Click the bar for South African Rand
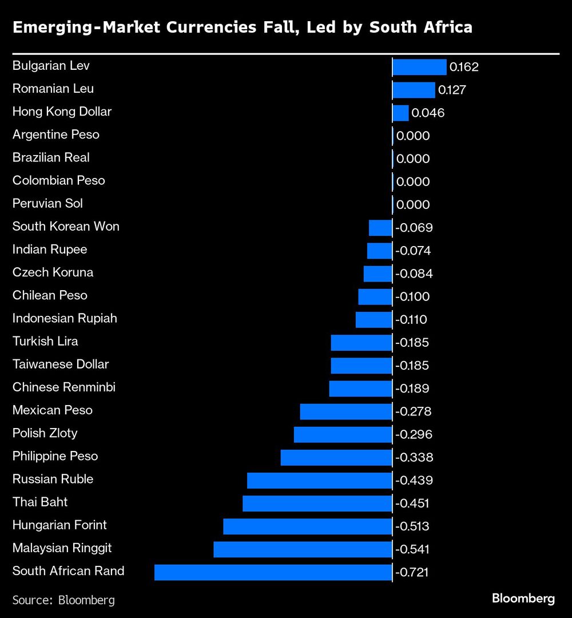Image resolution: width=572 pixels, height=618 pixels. [x=273, y=572]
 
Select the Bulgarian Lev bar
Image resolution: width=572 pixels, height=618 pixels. [x=419, y=67]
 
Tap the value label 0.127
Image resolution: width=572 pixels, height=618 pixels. [x=452, y=90]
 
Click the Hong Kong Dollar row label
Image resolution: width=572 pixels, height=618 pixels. [x=62, y=112]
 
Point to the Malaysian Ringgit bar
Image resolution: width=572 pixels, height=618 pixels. [x=303, y=549]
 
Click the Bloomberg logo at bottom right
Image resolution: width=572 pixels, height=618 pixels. [x=523, y=599]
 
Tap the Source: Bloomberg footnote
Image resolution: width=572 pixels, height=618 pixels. [x=63, y=600]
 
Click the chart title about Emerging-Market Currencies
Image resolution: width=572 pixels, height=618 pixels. [x=243, y=27]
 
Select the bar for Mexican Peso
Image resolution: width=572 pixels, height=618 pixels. [x=345, y=411]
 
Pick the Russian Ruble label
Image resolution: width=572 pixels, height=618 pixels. [x=53, y=479]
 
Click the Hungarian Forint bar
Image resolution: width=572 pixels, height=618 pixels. [x=307, y=526]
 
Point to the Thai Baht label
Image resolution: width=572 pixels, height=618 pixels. [x=40, y=502]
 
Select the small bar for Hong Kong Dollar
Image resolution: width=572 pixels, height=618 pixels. [x=400, y=113]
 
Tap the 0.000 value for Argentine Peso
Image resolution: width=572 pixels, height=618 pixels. [x=412, y=136]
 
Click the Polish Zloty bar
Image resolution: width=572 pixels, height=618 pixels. [x=343, y=434]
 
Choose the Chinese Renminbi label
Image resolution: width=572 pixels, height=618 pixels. [x=64, y=387]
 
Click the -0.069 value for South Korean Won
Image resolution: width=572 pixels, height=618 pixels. [x=414, y=228]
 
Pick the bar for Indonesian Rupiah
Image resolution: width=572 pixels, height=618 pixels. [x=374, y=319]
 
